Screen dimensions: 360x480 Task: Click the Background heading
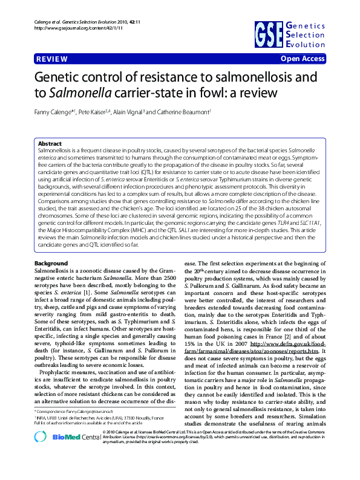point(51,264)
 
